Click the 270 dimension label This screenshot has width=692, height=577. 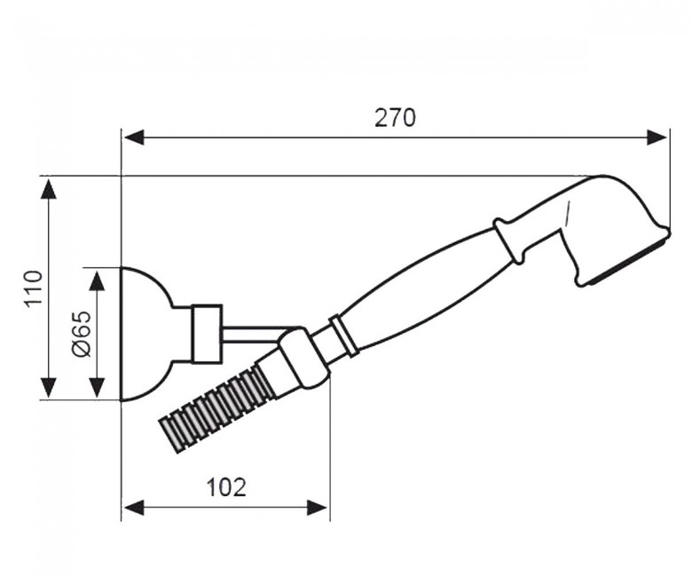click(x=395, y=118)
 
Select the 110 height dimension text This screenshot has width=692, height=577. click(x=34, y=288)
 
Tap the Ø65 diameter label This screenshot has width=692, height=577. click(x=82, y=333)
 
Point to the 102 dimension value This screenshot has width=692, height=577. click(x=226, y=487)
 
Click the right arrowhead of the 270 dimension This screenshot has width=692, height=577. click(x=657, y=138)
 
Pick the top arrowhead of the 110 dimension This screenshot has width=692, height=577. click(x=49, y=191)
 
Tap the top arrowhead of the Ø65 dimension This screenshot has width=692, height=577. click(x=97, y=281)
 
